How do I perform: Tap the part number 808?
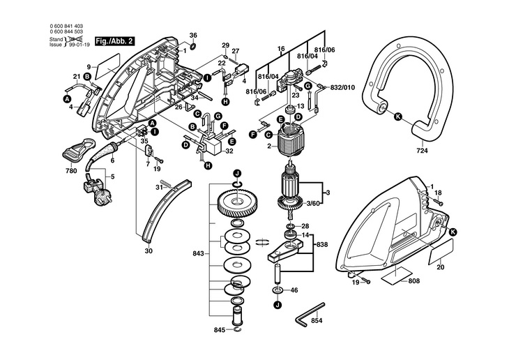(413, 281)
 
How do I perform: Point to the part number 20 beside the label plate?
(440, 267)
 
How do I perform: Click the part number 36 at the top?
(193, 35)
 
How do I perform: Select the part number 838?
(321, 246)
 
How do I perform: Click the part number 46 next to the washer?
(294, 290)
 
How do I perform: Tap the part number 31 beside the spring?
(158, 186)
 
